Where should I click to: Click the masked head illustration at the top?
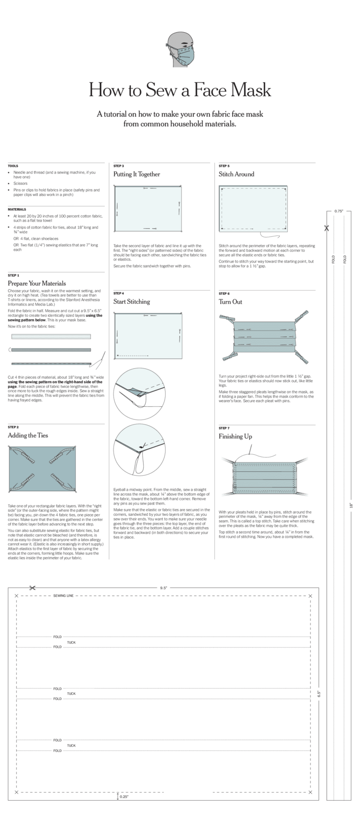[180, 50]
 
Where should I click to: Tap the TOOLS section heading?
[13, 166]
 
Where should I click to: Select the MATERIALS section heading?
[16, 209]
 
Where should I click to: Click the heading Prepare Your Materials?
[37, 283]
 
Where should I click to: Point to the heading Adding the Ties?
[28, 435]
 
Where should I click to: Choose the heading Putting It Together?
[137, 174]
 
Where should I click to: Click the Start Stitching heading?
[132, 301]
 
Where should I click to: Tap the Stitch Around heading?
[236, 174]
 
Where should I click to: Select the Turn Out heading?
[231, 301]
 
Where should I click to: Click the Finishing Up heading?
[235, 436]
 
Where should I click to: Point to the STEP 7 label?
[224, 428]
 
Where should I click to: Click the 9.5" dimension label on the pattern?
[164, 588]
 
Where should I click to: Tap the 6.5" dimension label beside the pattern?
[319, 694]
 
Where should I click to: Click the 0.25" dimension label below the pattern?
[124, 797]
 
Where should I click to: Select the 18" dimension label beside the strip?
[351, 504]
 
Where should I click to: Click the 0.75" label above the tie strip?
[339, 211]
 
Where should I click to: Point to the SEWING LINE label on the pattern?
[63, 596]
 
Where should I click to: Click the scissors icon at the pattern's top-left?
[32, 588]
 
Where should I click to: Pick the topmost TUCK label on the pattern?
[71, 642]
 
